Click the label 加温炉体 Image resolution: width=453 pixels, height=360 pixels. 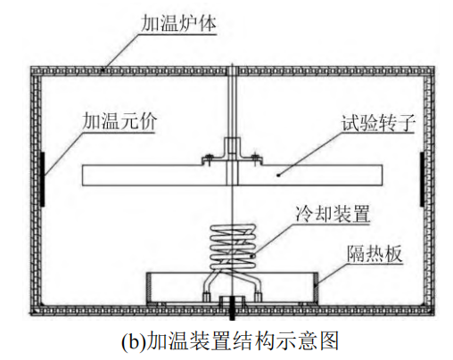(178, 23)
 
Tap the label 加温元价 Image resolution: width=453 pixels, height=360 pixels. (119, 121)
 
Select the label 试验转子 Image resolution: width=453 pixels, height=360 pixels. (378, 122)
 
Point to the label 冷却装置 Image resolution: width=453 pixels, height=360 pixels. (333, 213)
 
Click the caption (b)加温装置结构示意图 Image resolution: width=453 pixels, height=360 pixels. (230, 341)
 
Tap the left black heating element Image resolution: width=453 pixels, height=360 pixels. (42, 179)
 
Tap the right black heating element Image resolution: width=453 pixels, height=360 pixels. (422, 179)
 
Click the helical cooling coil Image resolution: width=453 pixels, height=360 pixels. (233, 247)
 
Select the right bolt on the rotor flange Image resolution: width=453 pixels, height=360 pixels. (255, 159)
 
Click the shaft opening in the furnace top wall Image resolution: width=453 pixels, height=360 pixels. (232, 70)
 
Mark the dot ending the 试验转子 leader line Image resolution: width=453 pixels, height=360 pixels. (278, 176)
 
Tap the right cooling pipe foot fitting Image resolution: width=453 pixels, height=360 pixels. (259, 297)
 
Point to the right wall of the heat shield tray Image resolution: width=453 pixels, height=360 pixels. (317, 288)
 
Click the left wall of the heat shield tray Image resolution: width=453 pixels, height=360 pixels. (147, 288)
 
